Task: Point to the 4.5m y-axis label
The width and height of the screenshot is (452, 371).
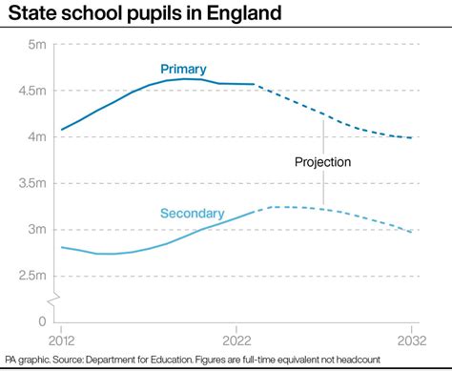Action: click(x=31, y=91)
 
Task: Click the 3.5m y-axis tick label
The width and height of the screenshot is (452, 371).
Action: click(x=31, y=183)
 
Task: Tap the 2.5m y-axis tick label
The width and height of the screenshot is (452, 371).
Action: click(x=31, y=276)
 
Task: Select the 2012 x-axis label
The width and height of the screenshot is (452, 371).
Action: click(x=61, y=340)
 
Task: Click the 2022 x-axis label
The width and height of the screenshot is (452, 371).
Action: click(x=236, y=340)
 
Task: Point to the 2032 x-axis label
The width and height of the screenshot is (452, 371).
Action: click(x=411, y=340)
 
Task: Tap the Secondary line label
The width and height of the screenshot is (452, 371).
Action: click(x=192, y=214)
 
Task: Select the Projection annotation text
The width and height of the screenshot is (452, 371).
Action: click(x=322, y=162)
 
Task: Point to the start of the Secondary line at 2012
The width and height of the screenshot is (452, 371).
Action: click(x=61, y=247)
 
